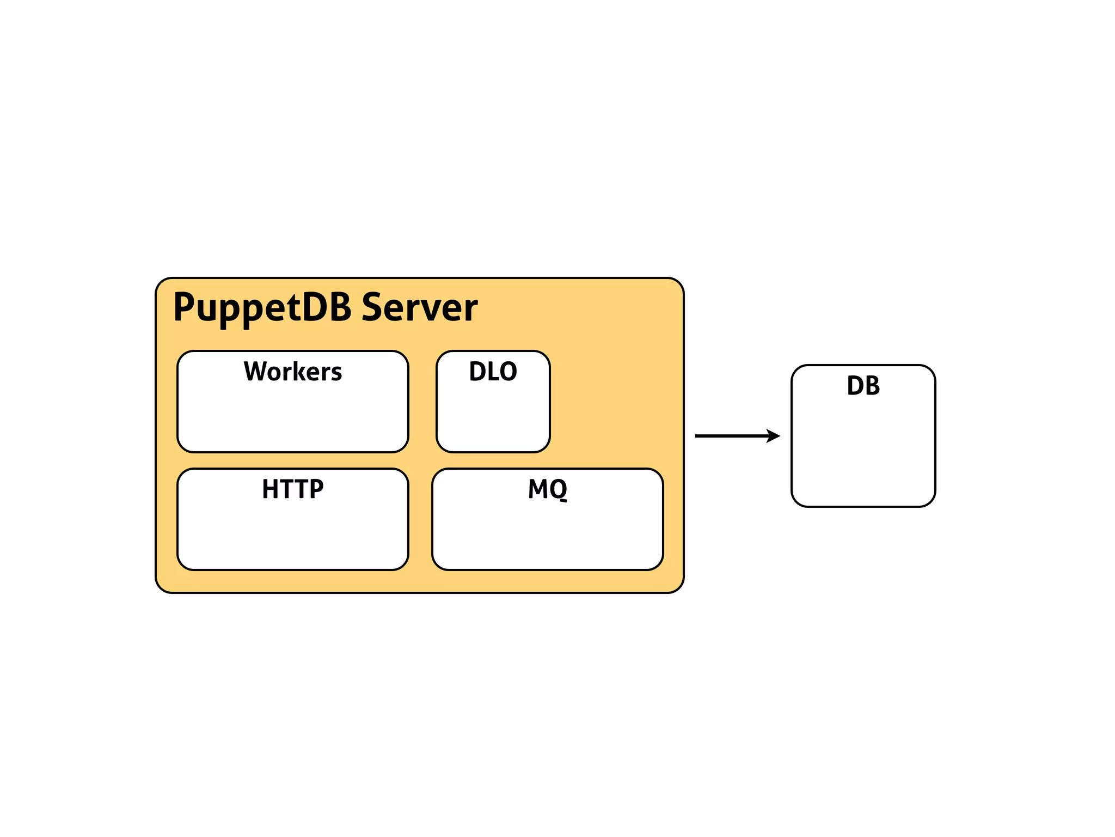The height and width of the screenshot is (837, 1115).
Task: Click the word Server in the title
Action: pos(419,308)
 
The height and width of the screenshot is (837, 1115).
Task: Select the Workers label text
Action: pos(293,372)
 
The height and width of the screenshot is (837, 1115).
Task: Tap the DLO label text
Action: pos(493,372)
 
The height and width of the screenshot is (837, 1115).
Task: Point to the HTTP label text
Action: pos(293,489)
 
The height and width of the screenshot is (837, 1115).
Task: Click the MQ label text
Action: pos(547,489)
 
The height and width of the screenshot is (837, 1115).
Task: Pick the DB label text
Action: pos(863,386)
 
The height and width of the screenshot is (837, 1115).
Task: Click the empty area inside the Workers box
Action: pos(293,420)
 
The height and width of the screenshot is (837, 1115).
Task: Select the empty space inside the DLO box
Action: pos(493,420)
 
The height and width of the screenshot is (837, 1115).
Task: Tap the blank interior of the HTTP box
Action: pos(293,537)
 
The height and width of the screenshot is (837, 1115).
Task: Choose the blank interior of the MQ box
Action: pos(547,537)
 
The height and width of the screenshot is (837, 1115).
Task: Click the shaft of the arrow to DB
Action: pos(730,436)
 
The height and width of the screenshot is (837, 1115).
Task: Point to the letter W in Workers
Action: pos(255,372)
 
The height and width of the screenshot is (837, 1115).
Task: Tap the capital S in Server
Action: pos(373,308)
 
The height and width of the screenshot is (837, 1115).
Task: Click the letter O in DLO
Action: pos(508,372)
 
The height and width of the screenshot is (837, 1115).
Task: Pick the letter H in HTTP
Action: pos(271,489)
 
